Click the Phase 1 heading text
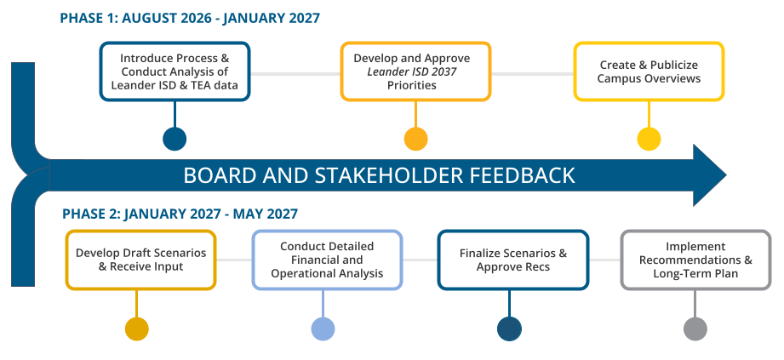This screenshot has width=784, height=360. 190,19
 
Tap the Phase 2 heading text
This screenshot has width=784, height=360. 180,214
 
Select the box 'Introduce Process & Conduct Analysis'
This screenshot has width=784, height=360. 175,71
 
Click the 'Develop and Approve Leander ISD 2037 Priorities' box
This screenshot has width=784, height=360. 415,71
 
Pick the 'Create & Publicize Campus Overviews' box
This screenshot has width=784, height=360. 649,71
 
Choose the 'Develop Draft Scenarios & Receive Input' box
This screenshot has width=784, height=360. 140,260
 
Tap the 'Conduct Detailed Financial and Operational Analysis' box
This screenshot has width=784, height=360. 327,260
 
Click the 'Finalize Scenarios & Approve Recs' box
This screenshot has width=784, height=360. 513,260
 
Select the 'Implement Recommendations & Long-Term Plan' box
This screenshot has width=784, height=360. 695,260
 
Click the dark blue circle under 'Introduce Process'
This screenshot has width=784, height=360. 175,139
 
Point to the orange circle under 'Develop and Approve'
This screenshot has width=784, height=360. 415,139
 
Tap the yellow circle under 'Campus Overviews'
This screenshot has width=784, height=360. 649,139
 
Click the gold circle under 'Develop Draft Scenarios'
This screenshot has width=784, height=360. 136,329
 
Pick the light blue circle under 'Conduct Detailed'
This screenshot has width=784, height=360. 323,329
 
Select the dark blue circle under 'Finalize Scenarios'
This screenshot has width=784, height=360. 509,329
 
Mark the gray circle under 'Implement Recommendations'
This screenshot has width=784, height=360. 695,329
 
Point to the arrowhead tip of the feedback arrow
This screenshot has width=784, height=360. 726,175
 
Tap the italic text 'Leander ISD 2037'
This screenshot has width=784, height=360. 412,71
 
